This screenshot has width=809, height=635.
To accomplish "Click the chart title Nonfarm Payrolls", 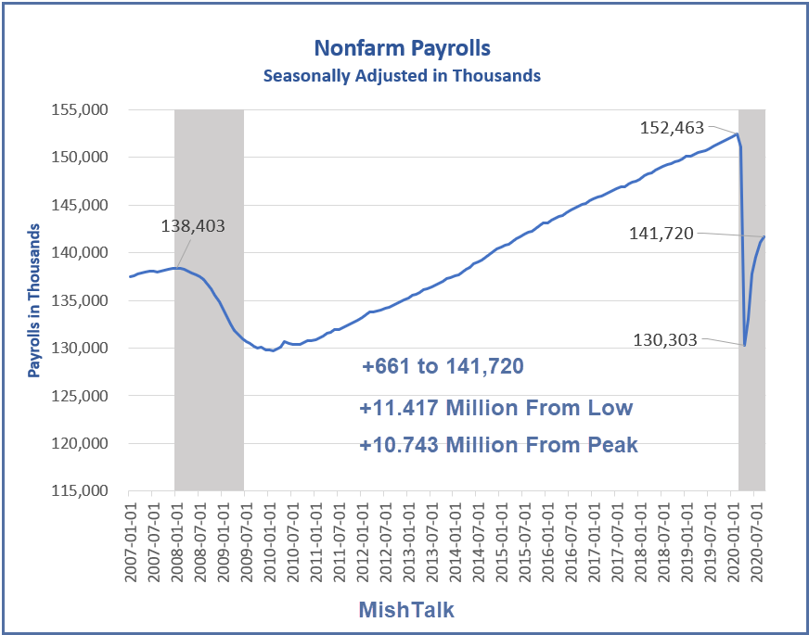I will [x=402, y=47].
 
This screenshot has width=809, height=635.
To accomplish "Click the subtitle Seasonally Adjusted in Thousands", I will [x=402, y=75].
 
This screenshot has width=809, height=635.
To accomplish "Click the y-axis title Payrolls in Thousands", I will [x=34, y=300].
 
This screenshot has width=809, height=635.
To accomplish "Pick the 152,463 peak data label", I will [x=673, y=128].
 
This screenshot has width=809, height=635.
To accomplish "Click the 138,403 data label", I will [x=193, y=225].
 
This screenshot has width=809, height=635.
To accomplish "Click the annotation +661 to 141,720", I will [x=443, y=367].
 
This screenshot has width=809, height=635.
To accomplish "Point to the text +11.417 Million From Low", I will [x=496, y=407].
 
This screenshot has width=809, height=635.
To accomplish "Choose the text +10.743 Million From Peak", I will [x=498, y=444].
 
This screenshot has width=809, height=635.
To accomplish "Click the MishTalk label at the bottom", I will [x=405, y=609].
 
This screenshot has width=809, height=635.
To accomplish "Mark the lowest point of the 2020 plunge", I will [x=745, y=345].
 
